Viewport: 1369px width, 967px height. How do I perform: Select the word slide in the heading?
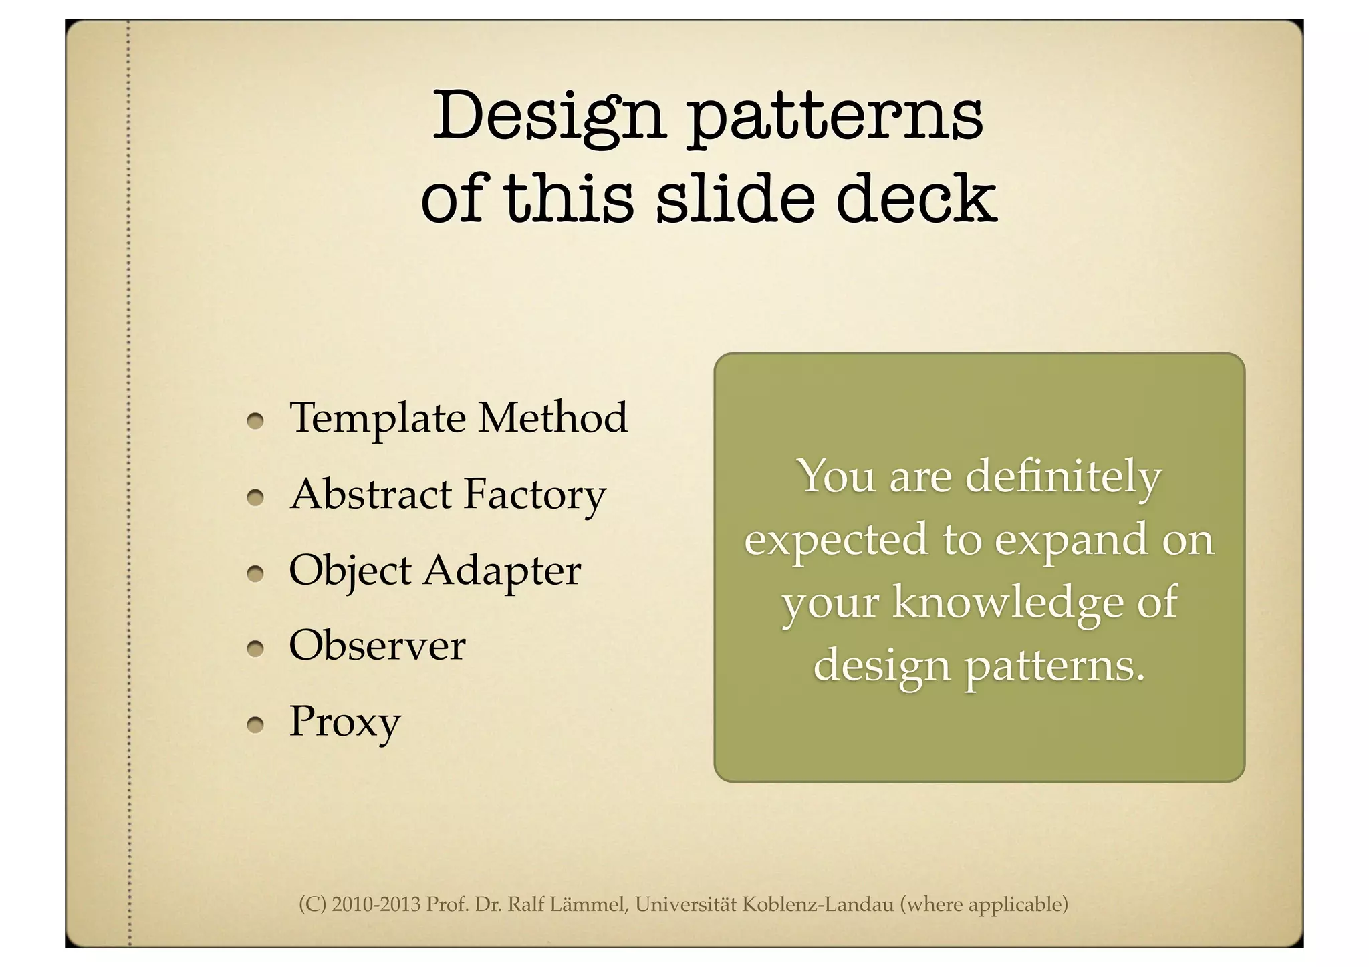click(x=734, y=198)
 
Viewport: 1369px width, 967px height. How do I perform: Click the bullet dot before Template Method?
click(x=255, y=421)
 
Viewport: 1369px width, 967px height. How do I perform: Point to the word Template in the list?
click(x=377, y=418)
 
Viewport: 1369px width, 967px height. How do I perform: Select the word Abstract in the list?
click(x=371, y=494)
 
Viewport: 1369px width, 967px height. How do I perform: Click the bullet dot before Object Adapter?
click(x=255, y=573)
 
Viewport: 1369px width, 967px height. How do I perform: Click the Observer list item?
click(x=377, y=646)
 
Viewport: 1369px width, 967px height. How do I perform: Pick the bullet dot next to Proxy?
click(x=255, y=725)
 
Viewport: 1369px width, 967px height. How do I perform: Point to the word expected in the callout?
click(x=836, y=540)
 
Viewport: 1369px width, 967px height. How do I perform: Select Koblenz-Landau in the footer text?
click(x=818, y=905)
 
